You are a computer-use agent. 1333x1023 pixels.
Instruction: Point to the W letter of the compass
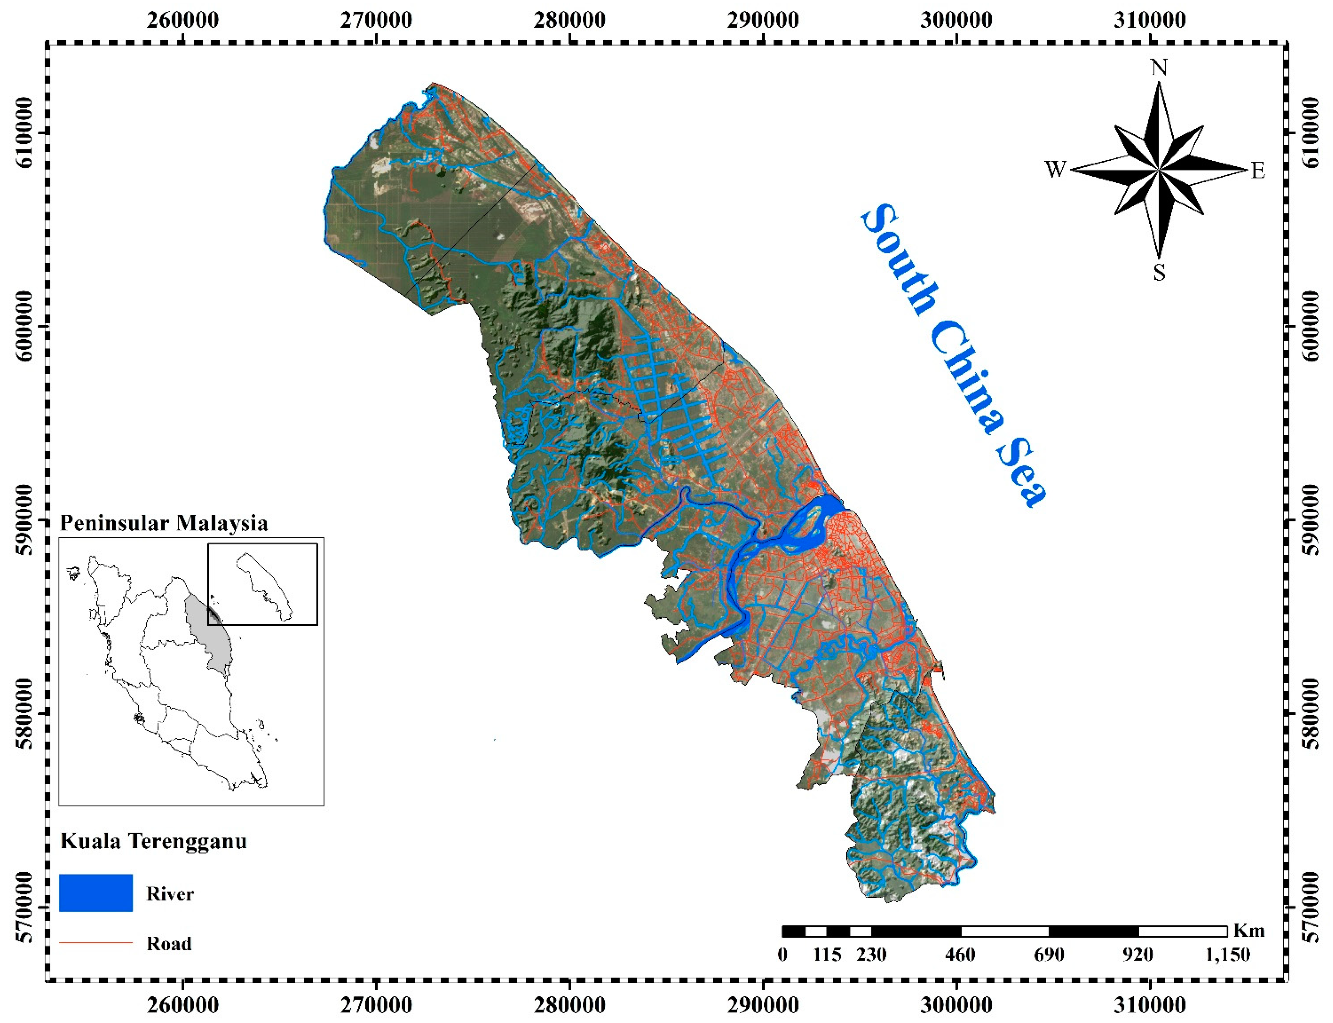[1056, 169]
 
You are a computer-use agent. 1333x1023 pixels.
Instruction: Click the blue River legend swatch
[96, 893]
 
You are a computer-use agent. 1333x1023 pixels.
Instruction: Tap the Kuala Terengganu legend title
[154, 841]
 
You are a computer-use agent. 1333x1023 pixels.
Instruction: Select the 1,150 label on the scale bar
[1227, 954]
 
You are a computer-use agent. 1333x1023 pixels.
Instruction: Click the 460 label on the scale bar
[960, 954]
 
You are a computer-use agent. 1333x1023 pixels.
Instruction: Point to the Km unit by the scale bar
[1249, 930]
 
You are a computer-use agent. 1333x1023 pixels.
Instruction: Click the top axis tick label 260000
[183, 20]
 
